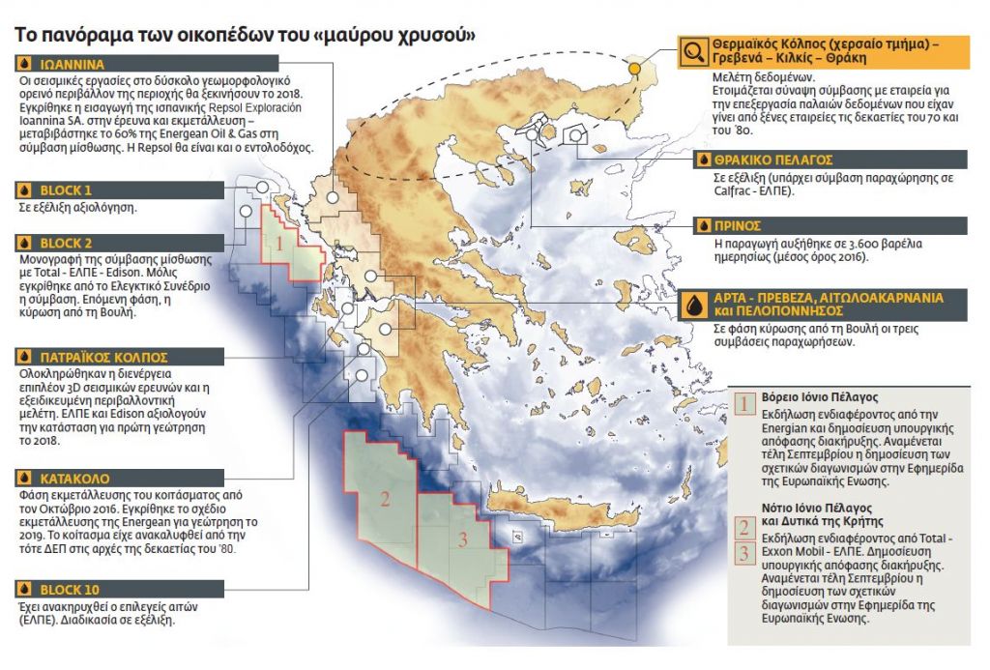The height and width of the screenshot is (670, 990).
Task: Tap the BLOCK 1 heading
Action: tap(66, 189)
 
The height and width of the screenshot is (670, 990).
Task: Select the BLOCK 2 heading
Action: tap(66, 243)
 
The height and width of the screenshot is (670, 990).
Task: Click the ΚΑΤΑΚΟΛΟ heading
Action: tap(73, 478)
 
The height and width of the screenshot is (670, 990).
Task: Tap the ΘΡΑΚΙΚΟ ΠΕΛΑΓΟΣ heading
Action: tap(773, 160)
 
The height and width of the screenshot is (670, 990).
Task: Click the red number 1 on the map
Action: tap(279, 243)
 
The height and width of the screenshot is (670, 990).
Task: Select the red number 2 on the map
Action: tap(385, 500)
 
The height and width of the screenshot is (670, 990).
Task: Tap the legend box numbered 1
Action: tap(744, 402)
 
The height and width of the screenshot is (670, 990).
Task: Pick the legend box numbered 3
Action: tap(744, 554)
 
